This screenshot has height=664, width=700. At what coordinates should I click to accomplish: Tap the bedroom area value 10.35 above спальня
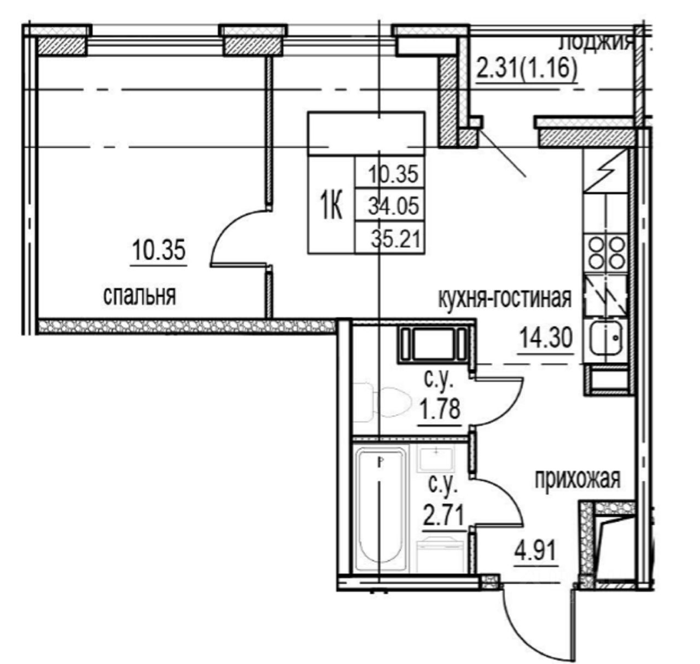(x=159, y=252)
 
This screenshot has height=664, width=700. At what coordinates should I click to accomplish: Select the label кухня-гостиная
(x=504, y=299)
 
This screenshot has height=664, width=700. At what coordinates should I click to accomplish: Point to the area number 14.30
(x=545, y=338)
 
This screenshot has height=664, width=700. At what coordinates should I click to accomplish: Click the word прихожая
(x=577, y=479)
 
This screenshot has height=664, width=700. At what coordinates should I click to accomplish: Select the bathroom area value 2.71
(x=444, y=515)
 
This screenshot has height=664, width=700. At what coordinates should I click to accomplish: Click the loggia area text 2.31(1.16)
(x=527, y=69)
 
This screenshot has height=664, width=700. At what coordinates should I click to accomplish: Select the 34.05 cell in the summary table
(x=393, y=206)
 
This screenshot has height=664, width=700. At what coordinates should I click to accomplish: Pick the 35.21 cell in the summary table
(x=393, y=238)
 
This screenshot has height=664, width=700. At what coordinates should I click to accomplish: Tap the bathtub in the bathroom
(x=381, y=509)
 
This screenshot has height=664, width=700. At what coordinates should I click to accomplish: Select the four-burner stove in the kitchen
(x=606, y=251)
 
